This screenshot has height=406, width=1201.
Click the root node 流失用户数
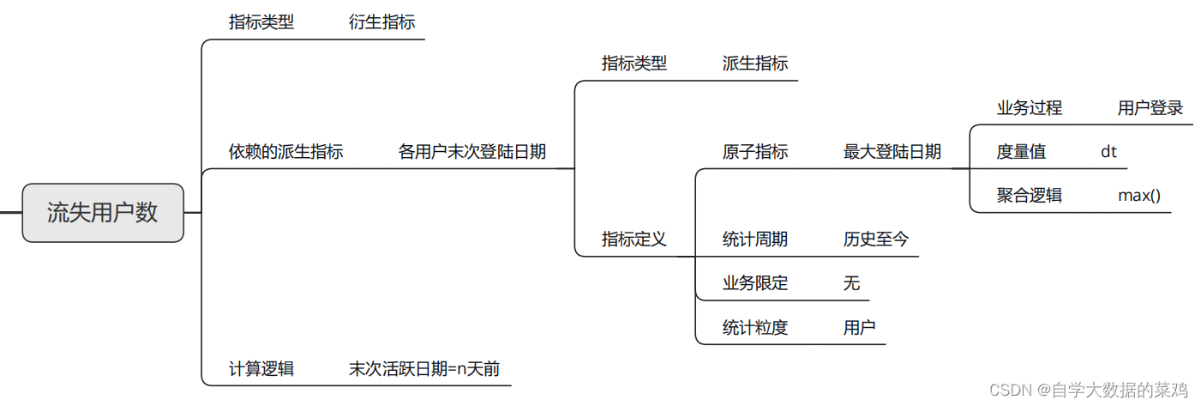[103, 213]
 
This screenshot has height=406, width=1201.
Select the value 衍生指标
[381, 22]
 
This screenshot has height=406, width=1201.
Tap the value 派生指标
[755, 64]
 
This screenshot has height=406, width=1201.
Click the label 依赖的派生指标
[285, 152]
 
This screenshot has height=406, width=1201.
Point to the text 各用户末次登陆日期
[472, 152]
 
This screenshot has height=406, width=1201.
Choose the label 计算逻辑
[261, 369]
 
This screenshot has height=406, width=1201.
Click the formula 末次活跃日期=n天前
[424, 369]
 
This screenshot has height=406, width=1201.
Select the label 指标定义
[634, 239]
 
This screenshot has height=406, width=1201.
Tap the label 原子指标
[755, 152]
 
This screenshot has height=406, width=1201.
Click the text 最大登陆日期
[892, 152]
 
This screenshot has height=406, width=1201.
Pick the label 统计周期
[755, 239]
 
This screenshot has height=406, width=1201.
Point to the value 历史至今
[876, 239]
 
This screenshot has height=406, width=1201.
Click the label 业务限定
[755, 283]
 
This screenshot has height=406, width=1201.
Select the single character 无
[851, 283]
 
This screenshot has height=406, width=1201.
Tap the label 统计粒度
[755, 327]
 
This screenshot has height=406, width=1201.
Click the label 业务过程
[1030, 108]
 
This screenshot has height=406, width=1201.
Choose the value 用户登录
[1150, 108]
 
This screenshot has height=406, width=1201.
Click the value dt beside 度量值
[1109, 152]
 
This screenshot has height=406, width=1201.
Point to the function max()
[1139, 196]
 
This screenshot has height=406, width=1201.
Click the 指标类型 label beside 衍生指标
[261, 22]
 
